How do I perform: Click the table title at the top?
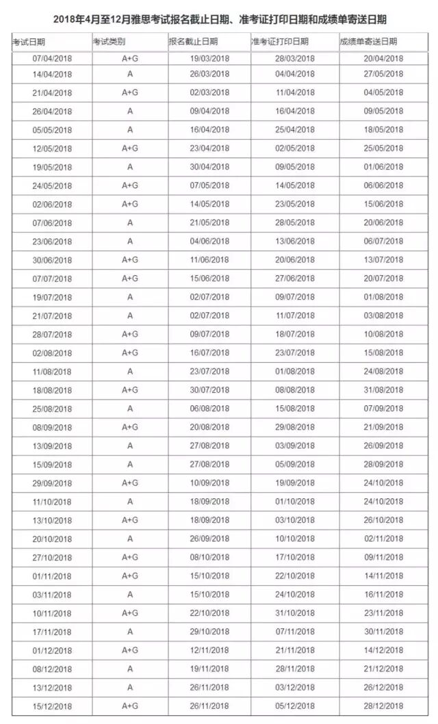tap(219, 18)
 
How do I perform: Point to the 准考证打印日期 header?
tap(280, 42)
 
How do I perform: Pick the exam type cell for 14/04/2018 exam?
tap(130, 73)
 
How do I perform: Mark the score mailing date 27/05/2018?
tap(384, 73)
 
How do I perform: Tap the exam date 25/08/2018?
tap(52, 409)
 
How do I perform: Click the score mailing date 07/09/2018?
tap(384, 409)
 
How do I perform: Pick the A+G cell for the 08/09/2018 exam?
tap(130, 427)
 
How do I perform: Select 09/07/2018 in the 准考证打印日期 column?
tap(294, 297)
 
